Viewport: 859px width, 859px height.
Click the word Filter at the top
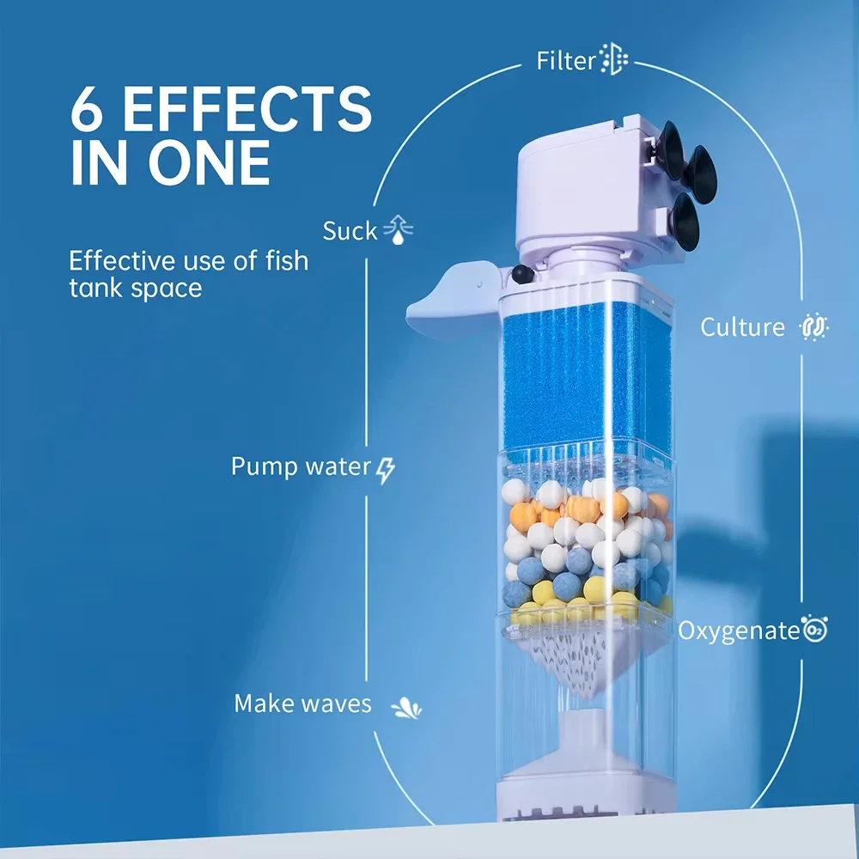tap(565, 61)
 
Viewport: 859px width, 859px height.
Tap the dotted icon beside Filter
tap(614, 59)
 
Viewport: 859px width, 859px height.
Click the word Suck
tap(350, 230)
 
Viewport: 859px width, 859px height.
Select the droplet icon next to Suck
tap(398, 230)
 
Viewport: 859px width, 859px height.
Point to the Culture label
tap(742, 327)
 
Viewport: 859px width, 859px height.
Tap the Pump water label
tap(301, 467)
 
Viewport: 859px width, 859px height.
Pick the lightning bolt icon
tap(387, 469)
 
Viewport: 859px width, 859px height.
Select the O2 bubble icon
tap(813, 629)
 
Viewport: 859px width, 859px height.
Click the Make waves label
tap(302, 704)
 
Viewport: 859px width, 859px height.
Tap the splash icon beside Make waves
tap(405, 707)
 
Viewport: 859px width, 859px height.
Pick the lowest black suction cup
tap(685, 222)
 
